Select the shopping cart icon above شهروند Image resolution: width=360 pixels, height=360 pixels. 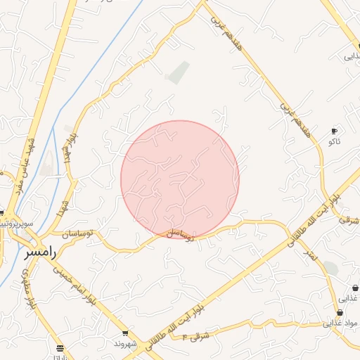125,333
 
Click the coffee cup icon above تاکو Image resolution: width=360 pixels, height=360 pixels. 334,131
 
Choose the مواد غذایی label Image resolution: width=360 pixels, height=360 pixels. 340,324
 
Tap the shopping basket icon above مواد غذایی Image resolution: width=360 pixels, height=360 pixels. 340,313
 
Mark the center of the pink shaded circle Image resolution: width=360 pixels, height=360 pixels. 180,179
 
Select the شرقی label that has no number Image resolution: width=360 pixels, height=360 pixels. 348,220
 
